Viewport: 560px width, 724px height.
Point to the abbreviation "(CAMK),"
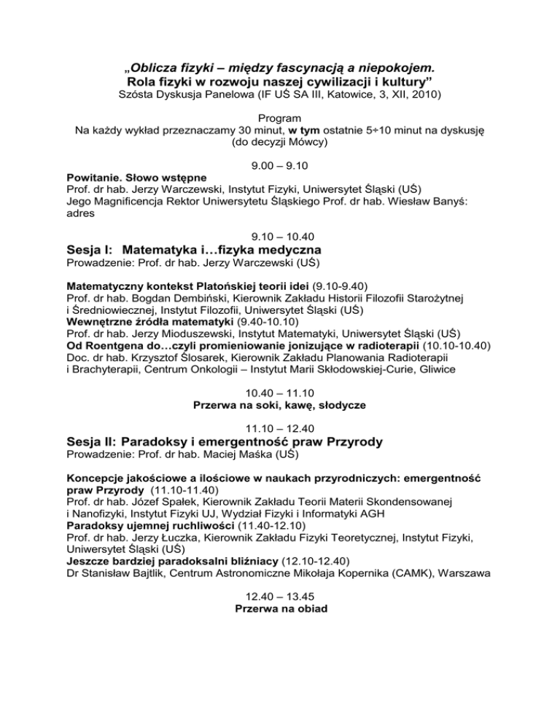point(418,581)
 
